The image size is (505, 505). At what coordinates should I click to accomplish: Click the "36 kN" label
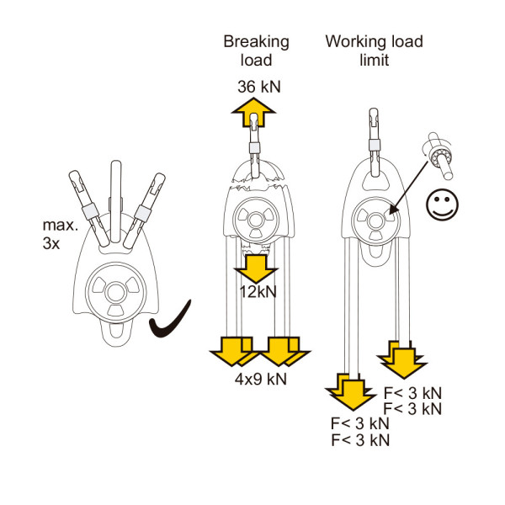[259, 87]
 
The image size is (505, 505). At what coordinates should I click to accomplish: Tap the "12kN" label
[258, 292]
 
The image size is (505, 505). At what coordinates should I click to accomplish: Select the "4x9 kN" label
[261, 379]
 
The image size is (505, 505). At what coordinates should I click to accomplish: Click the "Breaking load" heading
[257, 50]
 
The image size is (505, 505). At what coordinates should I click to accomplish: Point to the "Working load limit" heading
[374, 50]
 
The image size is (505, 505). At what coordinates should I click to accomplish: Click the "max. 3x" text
[61, 234]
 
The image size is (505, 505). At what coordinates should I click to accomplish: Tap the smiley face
[442, 205]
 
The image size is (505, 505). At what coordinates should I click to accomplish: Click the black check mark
[170, 319]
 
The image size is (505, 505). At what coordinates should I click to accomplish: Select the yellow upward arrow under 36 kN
[253, 112]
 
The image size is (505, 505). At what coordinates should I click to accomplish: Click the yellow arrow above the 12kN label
[256, 269]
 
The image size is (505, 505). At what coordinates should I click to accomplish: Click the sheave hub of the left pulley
[115, 292]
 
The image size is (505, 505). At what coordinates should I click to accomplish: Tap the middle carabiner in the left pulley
[115, 202]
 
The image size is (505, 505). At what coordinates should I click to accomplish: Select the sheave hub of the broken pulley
[255, 221]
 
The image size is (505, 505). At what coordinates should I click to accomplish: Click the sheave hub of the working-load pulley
[374, 221]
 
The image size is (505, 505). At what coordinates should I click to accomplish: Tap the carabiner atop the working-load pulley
[374, 143]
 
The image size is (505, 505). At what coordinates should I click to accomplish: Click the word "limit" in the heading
[374, 60]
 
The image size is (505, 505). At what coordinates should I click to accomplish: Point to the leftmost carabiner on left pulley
[89, 209]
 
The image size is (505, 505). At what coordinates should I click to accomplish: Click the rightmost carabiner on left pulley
[144, 210]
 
